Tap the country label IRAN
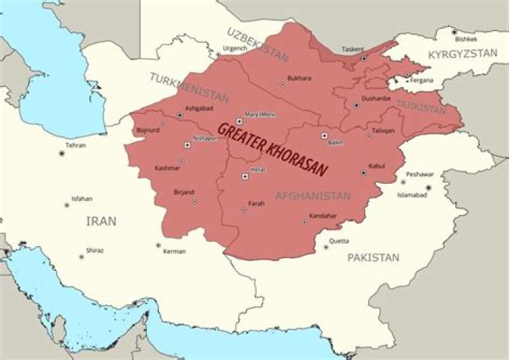(x=101, y=221)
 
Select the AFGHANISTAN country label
(x=312, y=196)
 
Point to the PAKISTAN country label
(x=373, y=257)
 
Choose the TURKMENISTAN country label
(x=189, y=86)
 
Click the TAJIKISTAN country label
(x=421, y=107)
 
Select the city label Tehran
(x=75, y=145)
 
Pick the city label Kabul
(x=377, y=166)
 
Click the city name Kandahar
(x=322, y=215)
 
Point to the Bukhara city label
(x=299, y=78)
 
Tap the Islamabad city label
(x=411, y=194)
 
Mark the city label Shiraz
(x=94, y=250)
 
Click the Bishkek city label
(x=467, y=40)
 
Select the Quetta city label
(x=339, y=240)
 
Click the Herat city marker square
(x=245, y=176)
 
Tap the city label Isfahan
(x=81, y=199)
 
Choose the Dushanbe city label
(x=375, y=98)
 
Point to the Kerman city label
(x=174, y=251)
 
